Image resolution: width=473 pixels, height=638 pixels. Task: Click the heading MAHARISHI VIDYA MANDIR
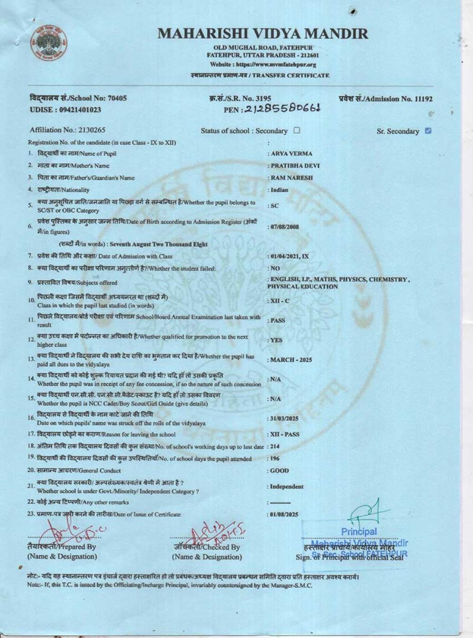point(263,34)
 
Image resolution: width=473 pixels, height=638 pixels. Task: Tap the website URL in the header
point(263,65)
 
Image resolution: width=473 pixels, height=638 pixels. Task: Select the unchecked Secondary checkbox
point(297,130)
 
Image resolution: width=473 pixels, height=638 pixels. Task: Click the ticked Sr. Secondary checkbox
point(428,131)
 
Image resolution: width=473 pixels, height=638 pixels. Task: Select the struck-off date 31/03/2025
point(284,419)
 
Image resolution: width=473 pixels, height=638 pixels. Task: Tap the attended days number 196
point(274,458)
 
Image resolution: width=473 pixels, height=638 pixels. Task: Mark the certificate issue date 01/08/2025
point(284,514)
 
